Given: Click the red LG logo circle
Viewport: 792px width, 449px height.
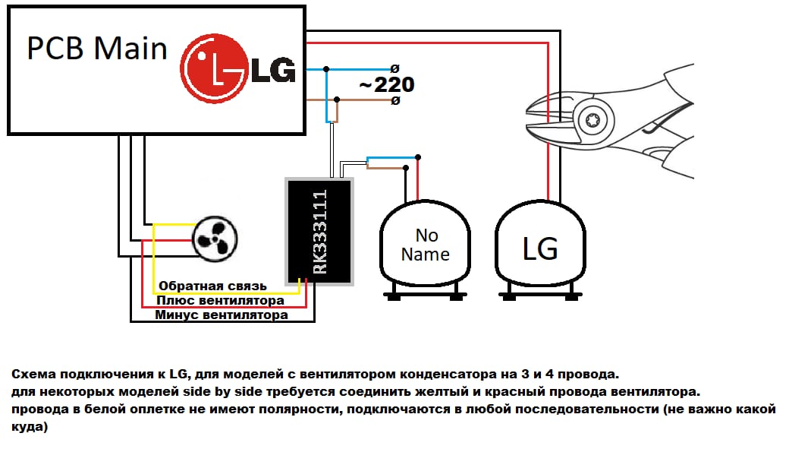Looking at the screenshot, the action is (214, 68).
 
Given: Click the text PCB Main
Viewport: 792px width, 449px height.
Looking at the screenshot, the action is (96, 49).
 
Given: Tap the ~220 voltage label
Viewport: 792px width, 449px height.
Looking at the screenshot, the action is (387, 84).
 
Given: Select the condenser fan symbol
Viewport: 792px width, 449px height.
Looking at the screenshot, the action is (215, 239).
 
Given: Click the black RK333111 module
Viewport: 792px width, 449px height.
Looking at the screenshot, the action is (319, 232).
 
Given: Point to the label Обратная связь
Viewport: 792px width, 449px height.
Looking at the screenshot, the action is (212, 286).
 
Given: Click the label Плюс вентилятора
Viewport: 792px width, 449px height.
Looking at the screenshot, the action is (220, 300).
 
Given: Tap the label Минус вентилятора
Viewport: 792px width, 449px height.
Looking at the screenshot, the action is (222, 315).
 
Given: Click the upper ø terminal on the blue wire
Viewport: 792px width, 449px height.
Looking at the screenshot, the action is (395, 69).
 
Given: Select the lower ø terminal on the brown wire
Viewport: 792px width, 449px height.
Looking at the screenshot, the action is (395, 100).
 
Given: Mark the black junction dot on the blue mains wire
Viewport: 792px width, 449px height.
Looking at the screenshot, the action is (326, 69).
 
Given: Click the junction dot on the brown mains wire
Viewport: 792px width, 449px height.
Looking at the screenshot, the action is (337, 100).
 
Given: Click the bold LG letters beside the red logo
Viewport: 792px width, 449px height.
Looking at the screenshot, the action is (273, 70).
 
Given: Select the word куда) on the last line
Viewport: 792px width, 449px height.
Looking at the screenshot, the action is (30, 427).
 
